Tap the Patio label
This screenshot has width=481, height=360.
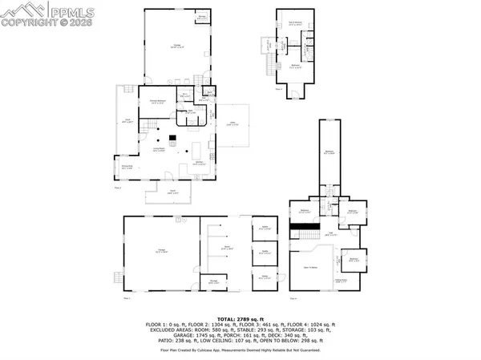point(234,123)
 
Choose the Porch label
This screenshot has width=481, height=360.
point(173,192)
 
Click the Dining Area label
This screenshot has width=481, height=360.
point(127,167)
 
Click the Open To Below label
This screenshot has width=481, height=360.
point(309,266)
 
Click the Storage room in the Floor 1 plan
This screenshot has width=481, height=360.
point(212,282)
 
